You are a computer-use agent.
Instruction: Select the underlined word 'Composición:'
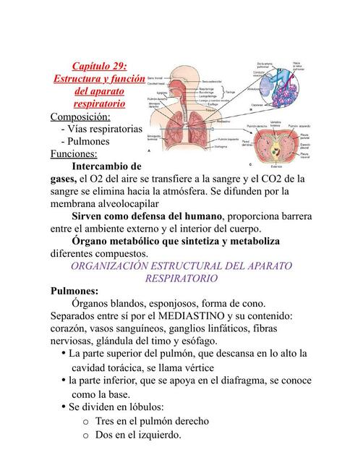[x=80, y=116]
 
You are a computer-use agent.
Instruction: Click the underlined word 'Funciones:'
[x=74, y=153]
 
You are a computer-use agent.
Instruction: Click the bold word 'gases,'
[x=64, y=178]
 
